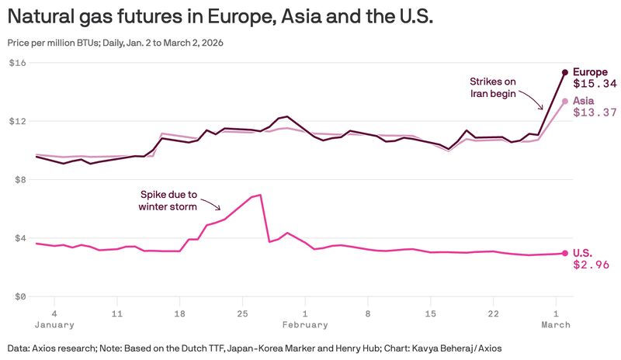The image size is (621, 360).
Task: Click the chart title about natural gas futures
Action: click(217, 16)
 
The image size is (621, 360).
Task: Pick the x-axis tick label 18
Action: click(179, 313)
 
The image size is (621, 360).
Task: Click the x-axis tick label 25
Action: click(242, 313)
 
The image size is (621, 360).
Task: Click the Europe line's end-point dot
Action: click(565, 72)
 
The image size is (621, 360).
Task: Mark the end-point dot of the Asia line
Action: click(565, 101)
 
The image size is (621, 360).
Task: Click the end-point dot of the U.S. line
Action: click(565, 253)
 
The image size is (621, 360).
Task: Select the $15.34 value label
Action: click(595, 84)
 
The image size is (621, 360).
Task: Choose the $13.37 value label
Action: click(595, 112)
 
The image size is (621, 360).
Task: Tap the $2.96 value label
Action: click(591, 265)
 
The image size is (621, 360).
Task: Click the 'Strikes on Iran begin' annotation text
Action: click(493, 87)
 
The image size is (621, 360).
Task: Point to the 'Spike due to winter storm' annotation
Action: click(168, 200)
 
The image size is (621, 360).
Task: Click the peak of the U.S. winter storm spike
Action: click(260, 195)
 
